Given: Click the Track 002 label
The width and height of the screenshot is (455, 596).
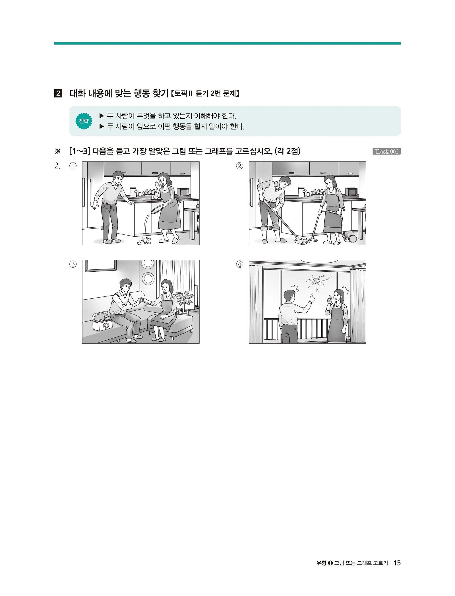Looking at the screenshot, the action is click(386, 151).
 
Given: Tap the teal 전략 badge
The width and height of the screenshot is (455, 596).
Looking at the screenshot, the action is click(84, 121).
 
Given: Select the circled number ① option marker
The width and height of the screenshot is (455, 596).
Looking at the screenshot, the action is click(73, 166).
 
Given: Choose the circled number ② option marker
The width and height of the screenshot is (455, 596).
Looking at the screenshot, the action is click(240, 166).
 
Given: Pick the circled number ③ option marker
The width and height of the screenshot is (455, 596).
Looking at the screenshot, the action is click(73, 264).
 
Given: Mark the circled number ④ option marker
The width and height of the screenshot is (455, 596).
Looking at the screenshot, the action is click(240, 264).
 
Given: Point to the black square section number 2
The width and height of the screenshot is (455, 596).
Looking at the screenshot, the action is click(58, 94).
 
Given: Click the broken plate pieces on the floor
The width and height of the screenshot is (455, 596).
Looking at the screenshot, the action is click(144, 241).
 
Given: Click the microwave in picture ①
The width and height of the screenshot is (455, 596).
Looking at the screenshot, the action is click(183, 192).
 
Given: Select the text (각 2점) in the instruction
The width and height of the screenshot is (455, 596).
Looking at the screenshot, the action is click(288, 151).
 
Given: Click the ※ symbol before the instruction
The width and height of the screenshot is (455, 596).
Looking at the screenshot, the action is click(58, 151).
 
